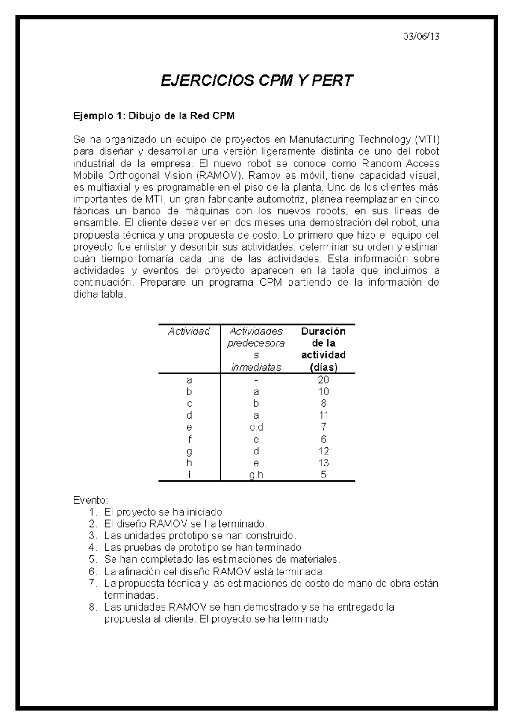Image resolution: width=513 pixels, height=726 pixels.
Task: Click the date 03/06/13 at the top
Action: click(421, 37)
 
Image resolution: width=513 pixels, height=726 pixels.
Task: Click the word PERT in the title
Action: click(332, 80)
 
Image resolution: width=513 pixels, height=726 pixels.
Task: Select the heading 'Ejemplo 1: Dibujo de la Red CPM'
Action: click(154, 116)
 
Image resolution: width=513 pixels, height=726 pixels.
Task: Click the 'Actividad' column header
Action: click(189, 331)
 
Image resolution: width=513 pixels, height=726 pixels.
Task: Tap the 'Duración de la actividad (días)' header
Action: click(323, 349)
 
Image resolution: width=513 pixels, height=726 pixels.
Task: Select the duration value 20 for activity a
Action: click(323, 380)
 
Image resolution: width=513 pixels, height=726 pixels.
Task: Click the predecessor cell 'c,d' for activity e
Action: click(256, 427)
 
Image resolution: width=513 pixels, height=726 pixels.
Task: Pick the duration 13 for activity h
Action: click(323, 463)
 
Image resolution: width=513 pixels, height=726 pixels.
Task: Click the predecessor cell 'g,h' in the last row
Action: click(256, 475)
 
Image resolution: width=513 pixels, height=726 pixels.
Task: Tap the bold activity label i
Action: click(189, 475)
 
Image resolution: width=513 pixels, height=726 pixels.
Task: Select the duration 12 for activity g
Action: click(323, 451)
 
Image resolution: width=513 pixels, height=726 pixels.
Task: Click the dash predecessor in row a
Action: click(256, 380)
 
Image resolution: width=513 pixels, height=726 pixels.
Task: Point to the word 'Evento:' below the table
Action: click(91, 500)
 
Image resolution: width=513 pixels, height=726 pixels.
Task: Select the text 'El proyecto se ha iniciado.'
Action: click(164, 512)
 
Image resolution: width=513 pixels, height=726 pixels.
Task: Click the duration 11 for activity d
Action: click(323, 415)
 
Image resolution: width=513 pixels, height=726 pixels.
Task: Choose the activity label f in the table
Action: click(189, 439)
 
